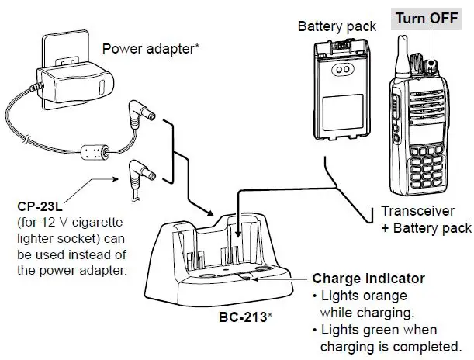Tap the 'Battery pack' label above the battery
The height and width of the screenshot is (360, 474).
pyautogui.click(x=337, y=26)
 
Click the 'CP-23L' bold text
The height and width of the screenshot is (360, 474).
pyautogui.click(x=38, y=208)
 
